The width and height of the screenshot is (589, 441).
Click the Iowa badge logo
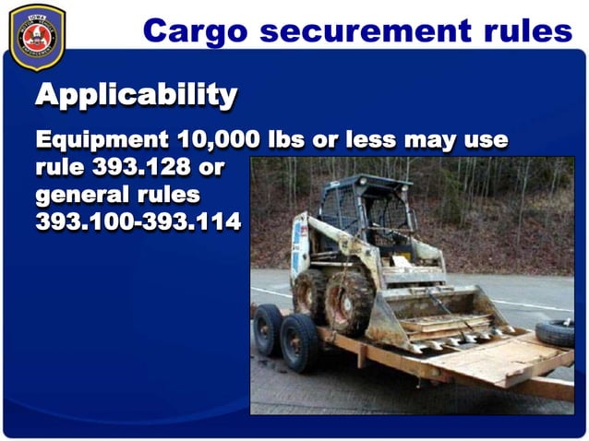click(x=37, y=38)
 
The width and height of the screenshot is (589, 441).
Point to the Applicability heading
click(x=136, y=94)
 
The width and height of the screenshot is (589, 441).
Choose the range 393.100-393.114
click(x=138, y=222)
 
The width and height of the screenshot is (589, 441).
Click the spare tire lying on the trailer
click(x=554, y=332)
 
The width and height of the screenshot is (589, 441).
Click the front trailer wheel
click(x=302, y=341)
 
